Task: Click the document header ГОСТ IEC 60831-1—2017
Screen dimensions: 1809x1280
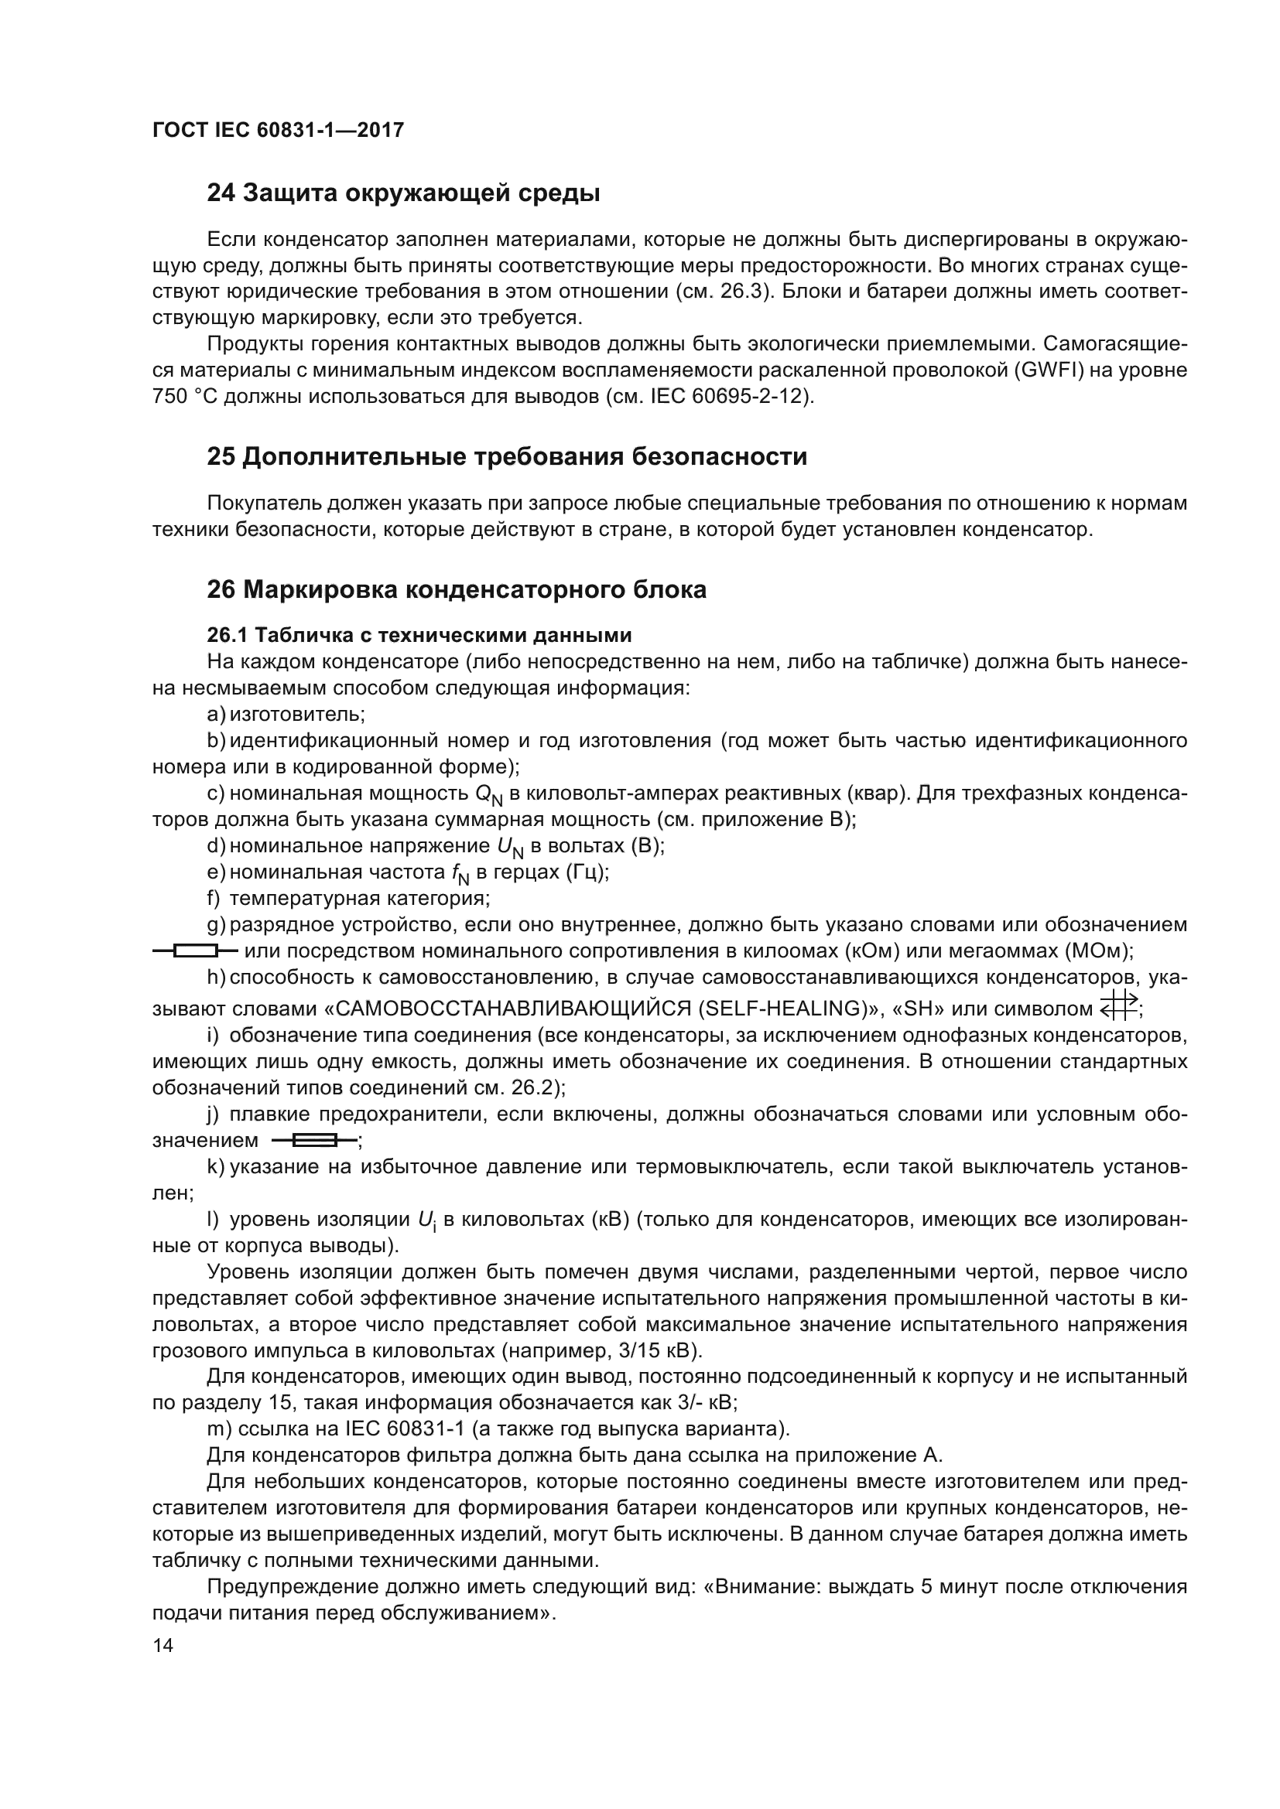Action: point(278,130)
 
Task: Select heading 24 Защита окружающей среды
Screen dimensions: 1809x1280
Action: point(402,193)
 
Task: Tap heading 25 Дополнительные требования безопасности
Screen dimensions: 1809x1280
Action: point(506,457)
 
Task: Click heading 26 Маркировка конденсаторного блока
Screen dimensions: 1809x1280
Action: point(456,589)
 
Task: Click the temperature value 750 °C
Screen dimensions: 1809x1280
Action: point(184,396)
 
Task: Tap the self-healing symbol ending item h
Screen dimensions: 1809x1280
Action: point(1119,1006)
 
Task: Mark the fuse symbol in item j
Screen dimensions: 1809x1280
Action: point(313,1140)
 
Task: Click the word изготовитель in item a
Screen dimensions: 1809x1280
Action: point(296,715)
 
